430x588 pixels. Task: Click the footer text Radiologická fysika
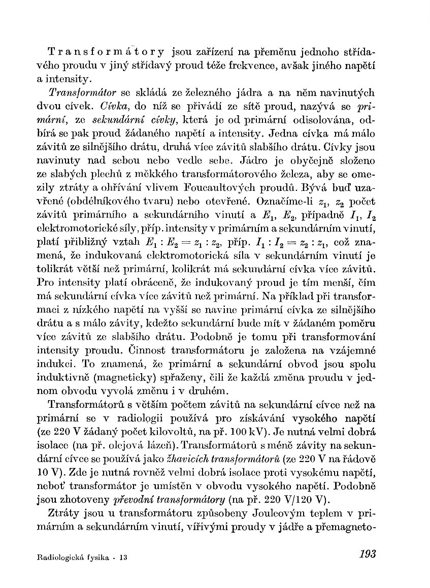click(x=74, y=557)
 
